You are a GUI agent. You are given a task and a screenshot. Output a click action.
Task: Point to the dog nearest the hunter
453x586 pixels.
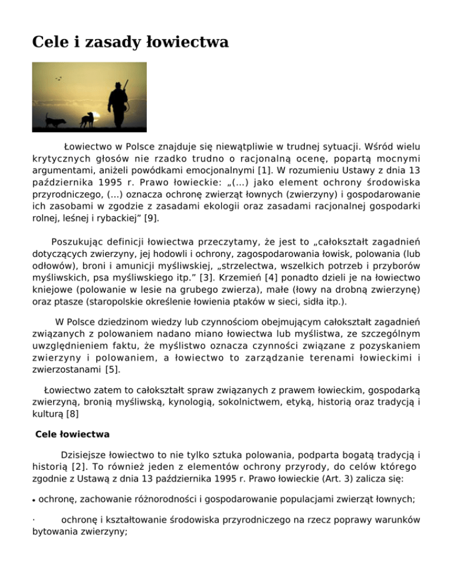pos(87,120)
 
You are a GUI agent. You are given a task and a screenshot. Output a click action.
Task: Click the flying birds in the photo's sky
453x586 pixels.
pos(58,78)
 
